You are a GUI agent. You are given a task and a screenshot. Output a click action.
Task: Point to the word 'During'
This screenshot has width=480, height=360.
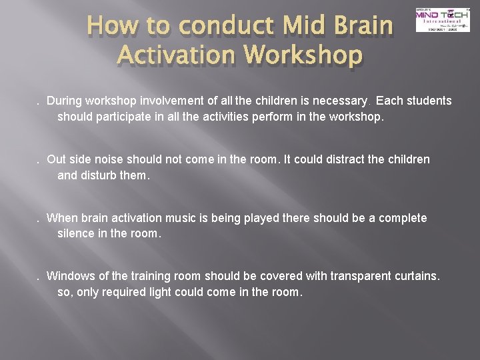[x=65, y=101]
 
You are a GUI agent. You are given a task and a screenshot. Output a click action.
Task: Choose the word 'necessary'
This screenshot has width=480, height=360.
[x=339, y=101]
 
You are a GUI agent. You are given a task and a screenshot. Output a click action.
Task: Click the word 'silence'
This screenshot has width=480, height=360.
[x=76, y=233]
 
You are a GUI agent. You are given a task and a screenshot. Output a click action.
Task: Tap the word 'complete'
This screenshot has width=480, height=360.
[x=402, y=219]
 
